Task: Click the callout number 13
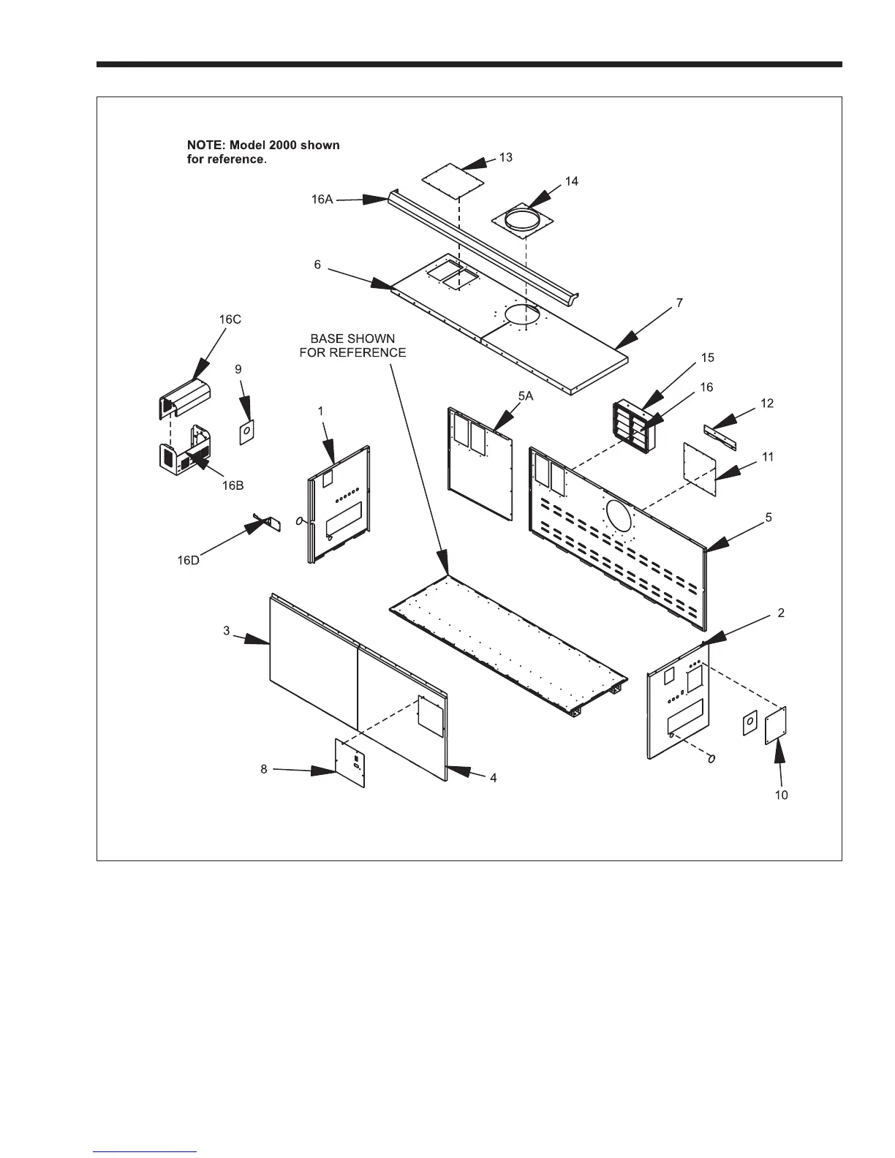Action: [506, 158]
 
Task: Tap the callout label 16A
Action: [322, 199]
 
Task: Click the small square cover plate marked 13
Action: [453, 178]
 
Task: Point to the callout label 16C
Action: [230, 319]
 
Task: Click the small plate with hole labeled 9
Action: [247, 432]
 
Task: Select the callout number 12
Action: [766, 403]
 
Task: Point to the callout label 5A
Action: [526, 396]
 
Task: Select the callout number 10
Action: [782, 795]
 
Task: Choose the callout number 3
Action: [227, 630]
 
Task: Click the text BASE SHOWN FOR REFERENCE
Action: [352, 346]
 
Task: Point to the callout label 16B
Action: [233, 486]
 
